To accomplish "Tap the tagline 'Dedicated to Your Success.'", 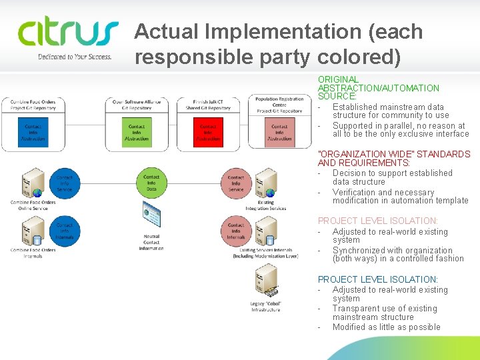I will [x=75, y=57].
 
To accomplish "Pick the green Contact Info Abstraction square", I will [x=137, y=132].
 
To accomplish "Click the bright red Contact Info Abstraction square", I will [x=208, y=132].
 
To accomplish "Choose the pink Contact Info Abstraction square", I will [x=279, y=132].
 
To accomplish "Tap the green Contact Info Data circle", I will [x=151, y=183].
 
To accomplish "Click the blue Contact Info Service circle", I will [x=65, y=183].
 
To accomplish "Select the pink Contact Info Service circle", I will [x=236, y=183].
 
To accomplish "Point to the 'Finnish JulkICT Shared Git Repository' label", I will [x=208, y=105].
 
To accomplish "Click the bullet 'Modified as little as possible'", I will [x=386, y=327].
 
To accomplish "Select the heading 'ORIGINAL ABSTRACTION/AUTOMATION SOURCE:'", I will [x=378, y=88].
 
